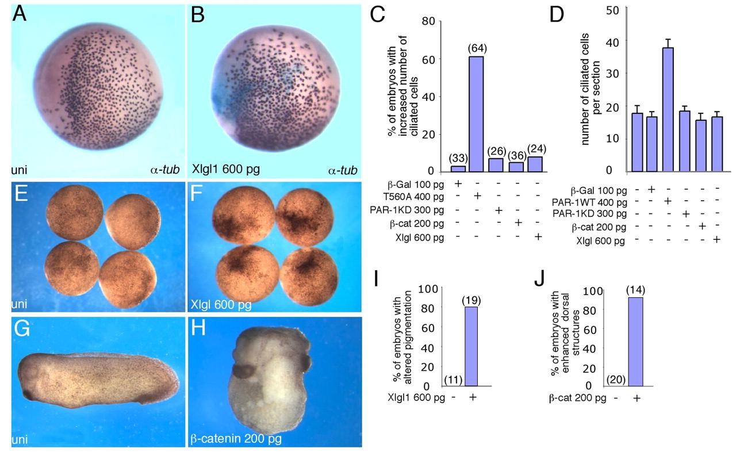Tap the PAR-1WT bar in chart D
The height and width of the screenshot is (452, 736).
[x=681, y=109]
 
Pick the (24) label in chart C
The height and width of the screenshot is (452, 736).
[x=538, y=148]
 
